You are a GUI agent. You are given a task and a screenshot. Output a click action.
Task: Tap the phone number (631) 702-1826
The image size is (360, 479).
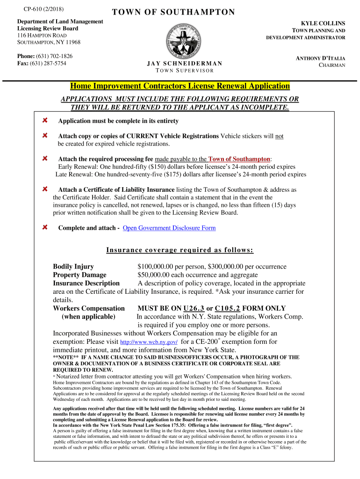56,56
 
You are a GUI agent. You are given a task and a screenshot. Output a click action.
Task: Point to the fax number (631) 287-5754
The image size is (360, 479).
50,63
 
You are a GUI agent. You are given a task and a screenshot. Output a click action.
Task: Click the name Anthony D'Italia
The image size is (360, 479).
321,58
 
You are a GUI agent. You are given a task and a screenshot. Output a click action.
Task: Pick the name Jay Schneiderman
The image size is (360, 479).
184,63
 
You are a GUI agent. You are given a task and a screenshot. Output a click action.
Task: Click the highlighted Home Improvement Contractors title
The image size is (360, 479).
180,86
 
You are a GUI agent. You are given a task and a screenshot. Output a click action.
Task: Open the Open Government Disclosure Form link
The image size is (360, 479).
169,228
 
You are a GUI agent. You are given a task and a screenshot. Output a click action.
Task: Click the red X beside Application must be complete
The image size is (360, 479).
45,121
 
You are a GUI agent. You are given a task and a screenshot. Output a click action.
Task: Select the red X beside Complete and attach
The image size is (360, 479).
45,227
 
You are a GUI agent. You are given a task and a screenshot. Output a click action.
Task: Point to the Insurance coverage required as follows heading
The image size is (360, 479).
180,250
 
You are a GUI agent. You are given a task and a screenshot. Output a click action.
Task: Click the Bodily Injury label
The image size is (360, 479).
73,267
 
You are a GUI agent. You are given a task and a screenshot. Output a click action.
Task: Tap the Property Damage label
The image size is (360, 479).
79,275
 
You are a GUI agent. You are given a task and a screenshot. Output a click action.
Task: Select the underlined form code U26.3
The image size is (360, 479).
194,308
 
